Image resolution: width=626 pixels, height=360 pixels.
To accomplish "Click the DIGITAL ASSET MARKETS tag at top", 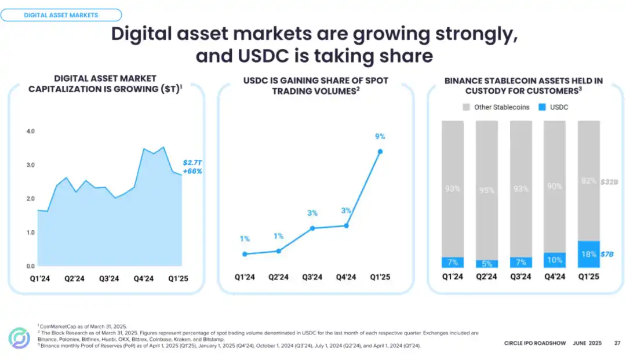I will (x=61, y=15).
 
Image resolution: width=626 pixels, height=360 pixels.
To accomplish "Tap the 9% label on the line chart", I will (x=380, y=137).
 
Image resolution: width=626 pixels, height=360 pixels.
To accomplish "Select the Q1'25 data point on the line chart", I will (x=380, y=151).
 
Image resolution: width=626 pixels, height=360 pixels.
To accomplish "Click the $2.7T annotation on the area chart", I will (x=192, y=163).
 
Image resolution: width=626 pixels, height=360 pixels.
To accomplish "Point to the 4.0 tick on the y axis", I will (x=31, y=132).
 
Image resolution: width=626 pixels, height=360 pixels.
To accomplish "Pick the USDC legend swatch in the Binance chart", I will (x=543, y=107).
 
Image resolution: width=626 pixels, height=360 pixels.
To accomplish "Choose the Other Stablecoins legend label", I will (x=501, y=107).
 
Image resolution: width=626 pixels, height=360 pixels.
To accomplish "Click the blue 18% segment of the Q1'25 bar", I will (x=588, y=254).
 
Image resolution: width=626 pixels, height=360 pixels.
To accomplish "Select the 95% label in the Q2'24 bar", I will (x=486, y=190).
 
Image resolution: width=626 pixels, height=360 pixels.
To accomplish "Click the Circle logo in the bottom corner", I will (x=19, y=338).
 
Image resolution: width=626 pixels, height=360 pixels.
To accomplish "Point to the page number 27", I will (x=617, y=343).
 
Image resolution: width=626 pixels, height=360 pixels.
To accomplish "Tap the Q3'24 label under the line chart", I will (x=312, y=277).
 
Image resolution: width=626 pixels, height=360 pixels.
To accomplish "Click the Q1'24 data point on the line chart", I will (x=245, y=254).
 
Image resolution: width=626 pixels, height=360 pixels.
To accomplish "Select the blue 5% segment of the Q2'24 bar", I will (x=486, y=264).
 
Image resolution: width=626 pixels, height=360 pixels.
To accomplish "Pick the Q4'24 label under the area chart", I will (x=143, y=279).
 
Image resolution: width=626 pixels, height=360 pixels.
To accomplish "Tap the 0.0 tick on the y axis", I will (x=31, y=266).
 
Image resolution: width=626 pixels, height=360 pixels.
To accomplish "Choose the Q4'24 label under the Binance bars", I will (x=554, y=277).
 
